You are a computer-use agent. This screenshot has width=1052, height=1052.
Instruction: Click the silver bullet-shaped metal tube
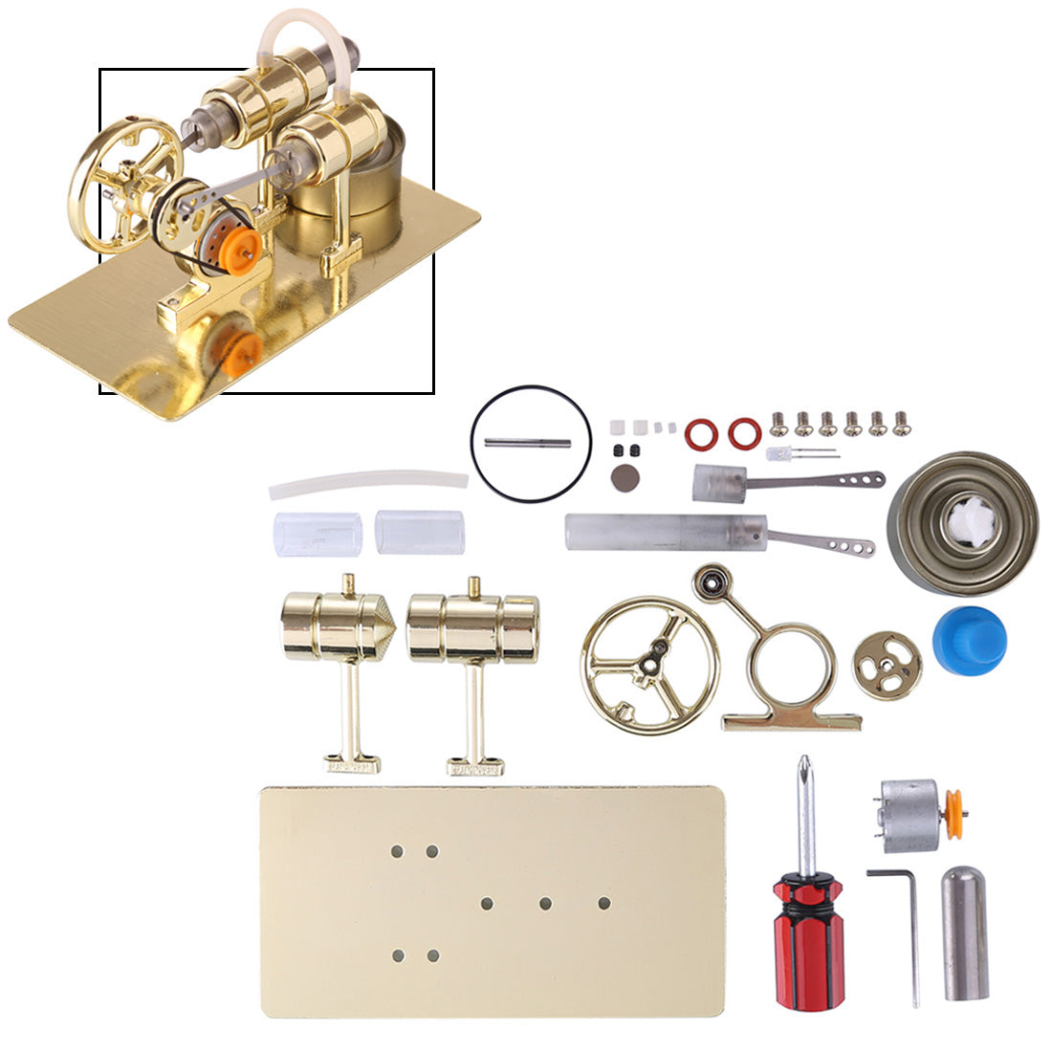coord(965,931)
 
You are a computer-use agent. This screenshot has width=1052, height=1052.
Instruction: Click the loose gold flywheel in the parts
coord(648,665)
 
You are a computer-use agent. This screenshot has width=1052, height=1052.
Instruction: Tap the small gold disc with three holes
coord(887,665)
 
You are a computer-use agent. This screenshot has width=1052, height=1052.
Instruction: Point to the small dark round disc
coord(625,478)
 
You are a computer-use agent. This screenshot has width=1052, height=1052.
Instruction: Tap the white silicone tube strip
coord(367,484)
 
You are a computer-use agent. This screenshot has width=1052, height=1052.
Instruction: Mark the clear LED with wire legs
coord(779,452)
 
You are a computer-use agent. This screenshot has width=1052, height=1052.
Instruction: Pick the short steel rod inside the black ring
coord(527,443)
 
